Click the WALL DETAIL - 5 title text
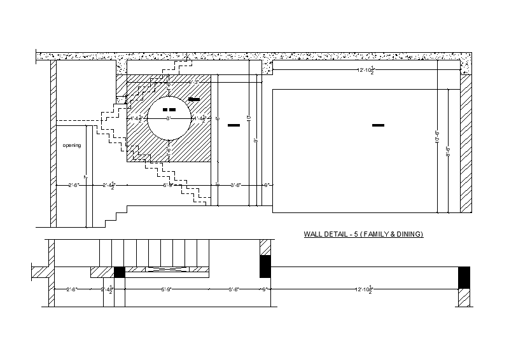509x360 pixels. tap(363, 235)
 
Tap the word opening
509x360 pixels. tap(71, 146)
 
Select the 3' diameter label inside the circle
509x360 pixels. tap(169, 118)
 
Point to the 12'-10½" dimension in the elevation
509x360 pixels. tap(366, 70)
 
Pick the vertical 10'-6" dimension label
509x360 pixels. tap(437, 137)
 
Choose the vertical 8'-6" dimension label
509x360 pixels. tap(448, 151)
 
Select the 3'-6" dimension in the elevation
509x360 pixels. tap(235, 185)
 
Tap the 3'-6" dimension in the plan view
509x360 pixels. tap(234, 290)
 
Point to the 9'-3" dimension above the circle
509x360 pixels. tap(194, 82)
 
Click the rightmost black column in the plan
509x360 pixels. tap(464, 277)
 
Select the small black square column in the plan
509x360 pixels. tap(119, 272)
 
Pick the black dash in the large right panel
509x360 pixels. tap(378, 125)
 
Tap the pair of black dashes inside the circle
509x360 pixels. tap(169, 110)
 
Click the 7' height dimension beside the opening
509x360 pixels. tap(85, 177)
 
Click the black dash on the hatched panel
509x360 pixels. tap(194, 99)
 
